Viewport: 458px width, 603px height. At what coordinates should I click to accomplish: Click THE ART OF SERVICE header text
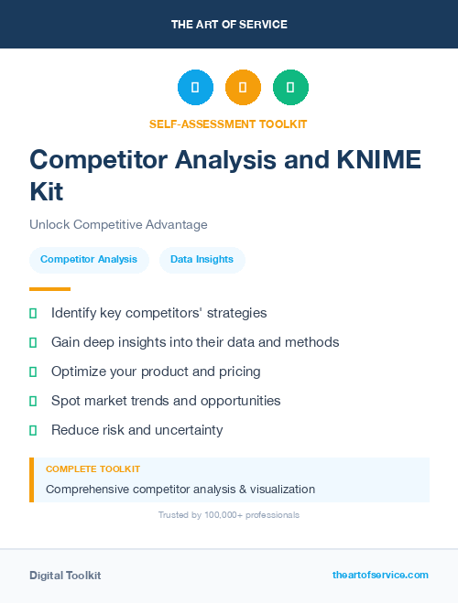click(x=229, y=25)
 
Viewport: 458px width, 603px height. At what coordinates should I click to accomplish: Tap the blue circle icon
click(x=195, y=88)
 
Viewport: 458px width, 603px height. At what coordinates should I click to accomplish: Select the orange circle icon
click(x=243, y=88)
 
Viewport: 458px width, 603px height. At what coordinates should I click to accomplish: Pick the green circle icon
click(x=290, y=88)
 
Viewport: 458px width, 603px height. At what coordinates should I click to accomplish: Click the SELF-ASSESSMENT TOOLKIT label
click(x=228, y=124)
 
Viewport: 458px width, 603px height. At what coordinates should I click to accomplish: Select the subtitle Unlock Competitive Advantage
click(x=118, y=224)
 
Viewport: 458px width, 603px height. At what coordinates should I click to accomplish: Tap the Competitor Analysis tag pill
click(x=89, y=260)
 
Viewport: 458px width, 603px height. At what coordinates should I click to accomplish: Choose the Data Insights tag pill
click(x=202, y=260)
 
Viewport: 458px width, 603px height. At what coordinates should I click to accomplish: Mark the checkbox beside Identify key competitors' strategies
click(x=33, y=313)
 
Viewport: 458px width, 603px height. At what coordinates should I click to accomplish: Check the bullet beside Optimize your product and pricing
click(x=33, y=371)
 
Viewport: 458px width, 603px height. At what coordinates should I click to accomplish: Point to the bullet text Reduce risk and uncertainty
click(x=136, y=430)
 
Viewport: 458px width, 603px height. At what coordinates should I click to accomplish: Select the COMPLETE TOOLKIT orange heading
click(x=93, y=468)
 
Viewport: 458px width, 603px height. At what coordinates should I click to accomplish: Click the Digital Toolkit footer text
click(x=65, y=576)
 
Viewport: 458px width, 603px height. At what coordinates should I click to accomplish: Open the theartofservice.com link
click(x=380, y=575)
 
